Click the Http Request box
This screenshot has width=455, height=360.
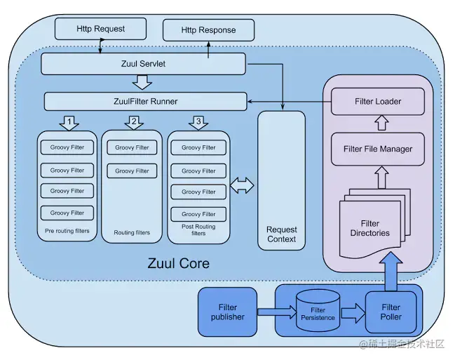click(x=101, y=29)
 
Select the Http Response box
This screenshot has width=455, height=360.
click(x=208, y=30)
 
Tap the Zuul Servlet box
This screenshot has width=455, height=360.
click(x=143, y=64)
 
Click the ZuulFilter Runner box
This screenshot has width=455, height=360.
click(x=145, y=101)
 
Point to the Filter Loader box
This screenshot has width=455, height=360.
click(x=377, y=102)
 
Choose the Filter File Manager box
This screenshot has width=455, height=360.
click(x=377, y=149)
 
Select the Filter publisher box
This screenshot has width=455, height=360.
click(x=227, y=312)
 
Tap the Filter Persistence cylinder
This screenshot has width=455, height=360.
click(x=318, y=314)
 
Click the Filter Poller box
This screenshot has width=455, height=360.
click(x=391, y=312)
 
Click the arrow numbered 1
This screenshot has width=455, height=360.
click(x=69, y=123)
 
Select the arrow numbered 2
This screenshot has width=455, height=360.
click(x=134, y=123)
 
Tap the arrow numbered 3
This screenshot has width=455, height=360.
click(x=198, y=123)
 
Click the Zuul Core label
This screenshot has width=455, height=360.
click(x=178, y=264)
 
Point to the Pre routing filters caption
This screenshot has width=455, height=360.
click(x=68, y=230)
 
